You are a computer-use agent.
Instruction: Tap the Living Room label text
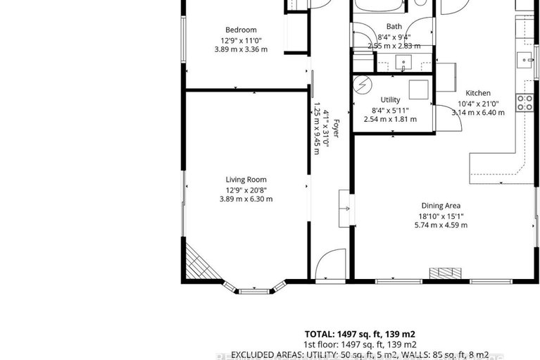click(246, 180)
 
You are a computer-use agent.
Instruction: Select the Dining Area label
click(441, 206)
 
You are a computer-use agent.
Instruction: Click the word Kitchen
click(478, 93)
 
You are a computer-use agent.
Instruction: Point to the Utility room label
click(390, 100)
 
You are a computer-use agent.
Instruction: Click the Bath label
click(394, 27)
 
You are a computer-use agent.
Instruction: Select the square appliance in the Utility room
click(420, 89)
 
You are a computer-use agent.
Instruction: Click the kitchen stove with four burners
click(525, 104)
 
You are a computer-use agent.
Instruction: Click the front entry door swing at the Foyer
click(329, 266)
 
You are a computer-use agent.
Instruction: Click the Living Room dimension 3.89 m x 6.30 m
click(246, 199)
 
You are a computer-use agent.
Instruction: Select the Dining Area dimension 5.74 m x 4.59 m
click(441, 225)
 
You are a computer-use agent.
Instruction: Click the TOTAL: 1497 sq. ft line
click(360, 333)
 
